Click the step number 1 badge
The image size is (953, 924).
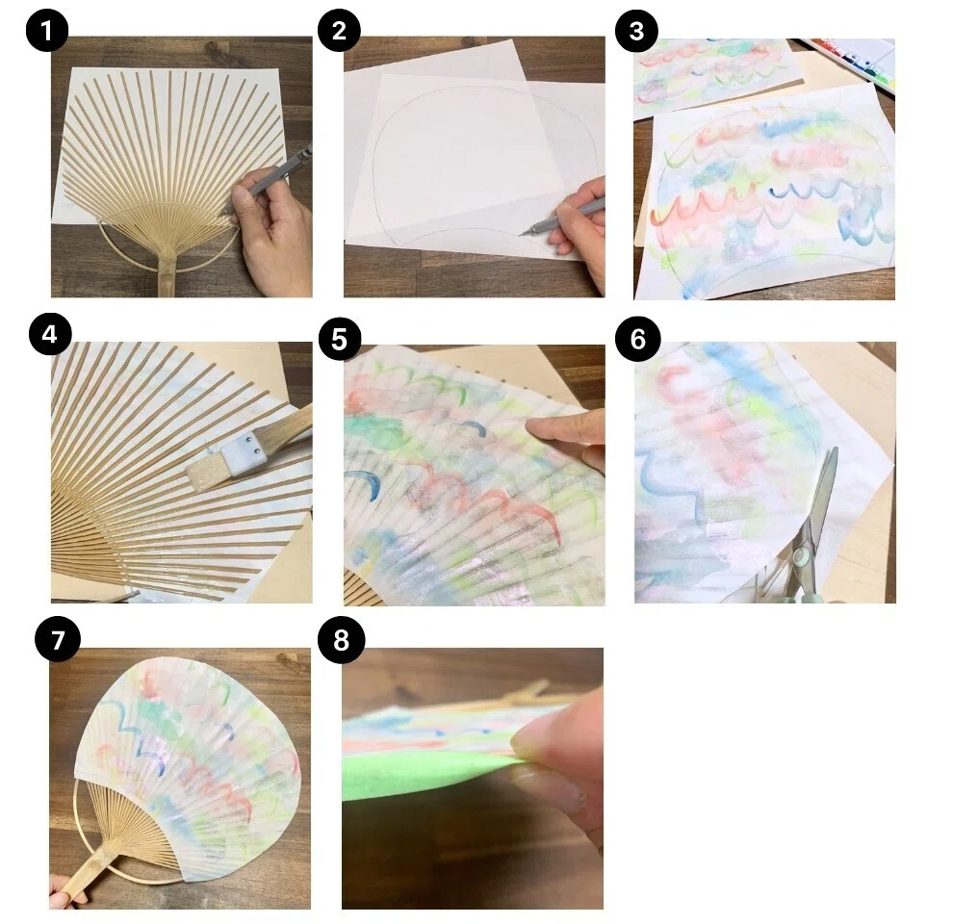click(x=47, y=31)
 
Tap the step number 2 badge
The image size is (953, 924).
click(x=339, y=31)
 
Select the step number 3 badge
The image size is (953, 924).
click(x=636, y=31)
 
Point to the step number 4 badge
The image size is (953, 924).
click(x=50, y=334)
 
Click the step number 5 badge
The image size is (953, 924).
click(x=339, y=339)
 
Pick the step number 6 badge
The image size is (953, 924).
click(x=637, y=339)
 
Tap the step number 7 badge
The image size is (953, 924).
click(x=57, y=639)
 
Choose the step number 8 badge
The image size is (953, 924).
click(x=341, y=639)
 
